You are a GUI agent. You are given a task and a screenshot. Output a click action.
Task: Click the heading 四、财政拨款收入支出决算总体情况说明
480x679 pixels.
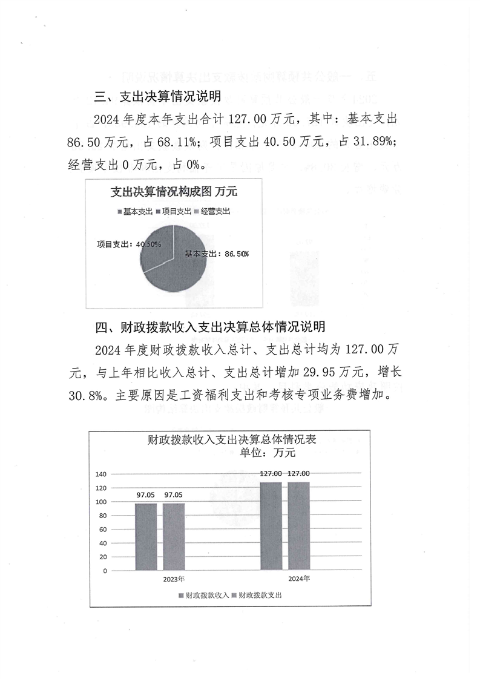tap(212, 327)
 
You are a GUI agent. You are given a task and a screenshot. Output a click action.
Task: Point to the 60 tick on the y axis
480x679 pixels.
tap(103, 529)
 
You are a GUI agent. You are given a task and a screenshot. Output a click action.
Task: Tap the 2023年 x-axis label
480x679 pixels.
tap(174, 579)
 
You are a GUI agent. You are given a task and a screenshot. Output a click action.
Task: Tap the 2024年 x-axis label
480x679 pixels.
tap(299, 579)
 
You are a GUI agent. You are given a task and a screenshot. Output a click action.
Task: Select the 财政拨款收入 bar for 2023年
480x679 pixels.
tap(145, 537)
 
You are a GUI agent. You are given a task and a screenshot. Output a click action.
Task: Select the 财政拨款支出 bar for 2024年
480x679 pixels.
tap(298, 526)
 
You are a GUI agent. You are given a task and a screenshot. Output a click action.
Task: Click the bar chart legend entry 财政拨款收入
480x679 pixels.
tap(204, 595)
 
